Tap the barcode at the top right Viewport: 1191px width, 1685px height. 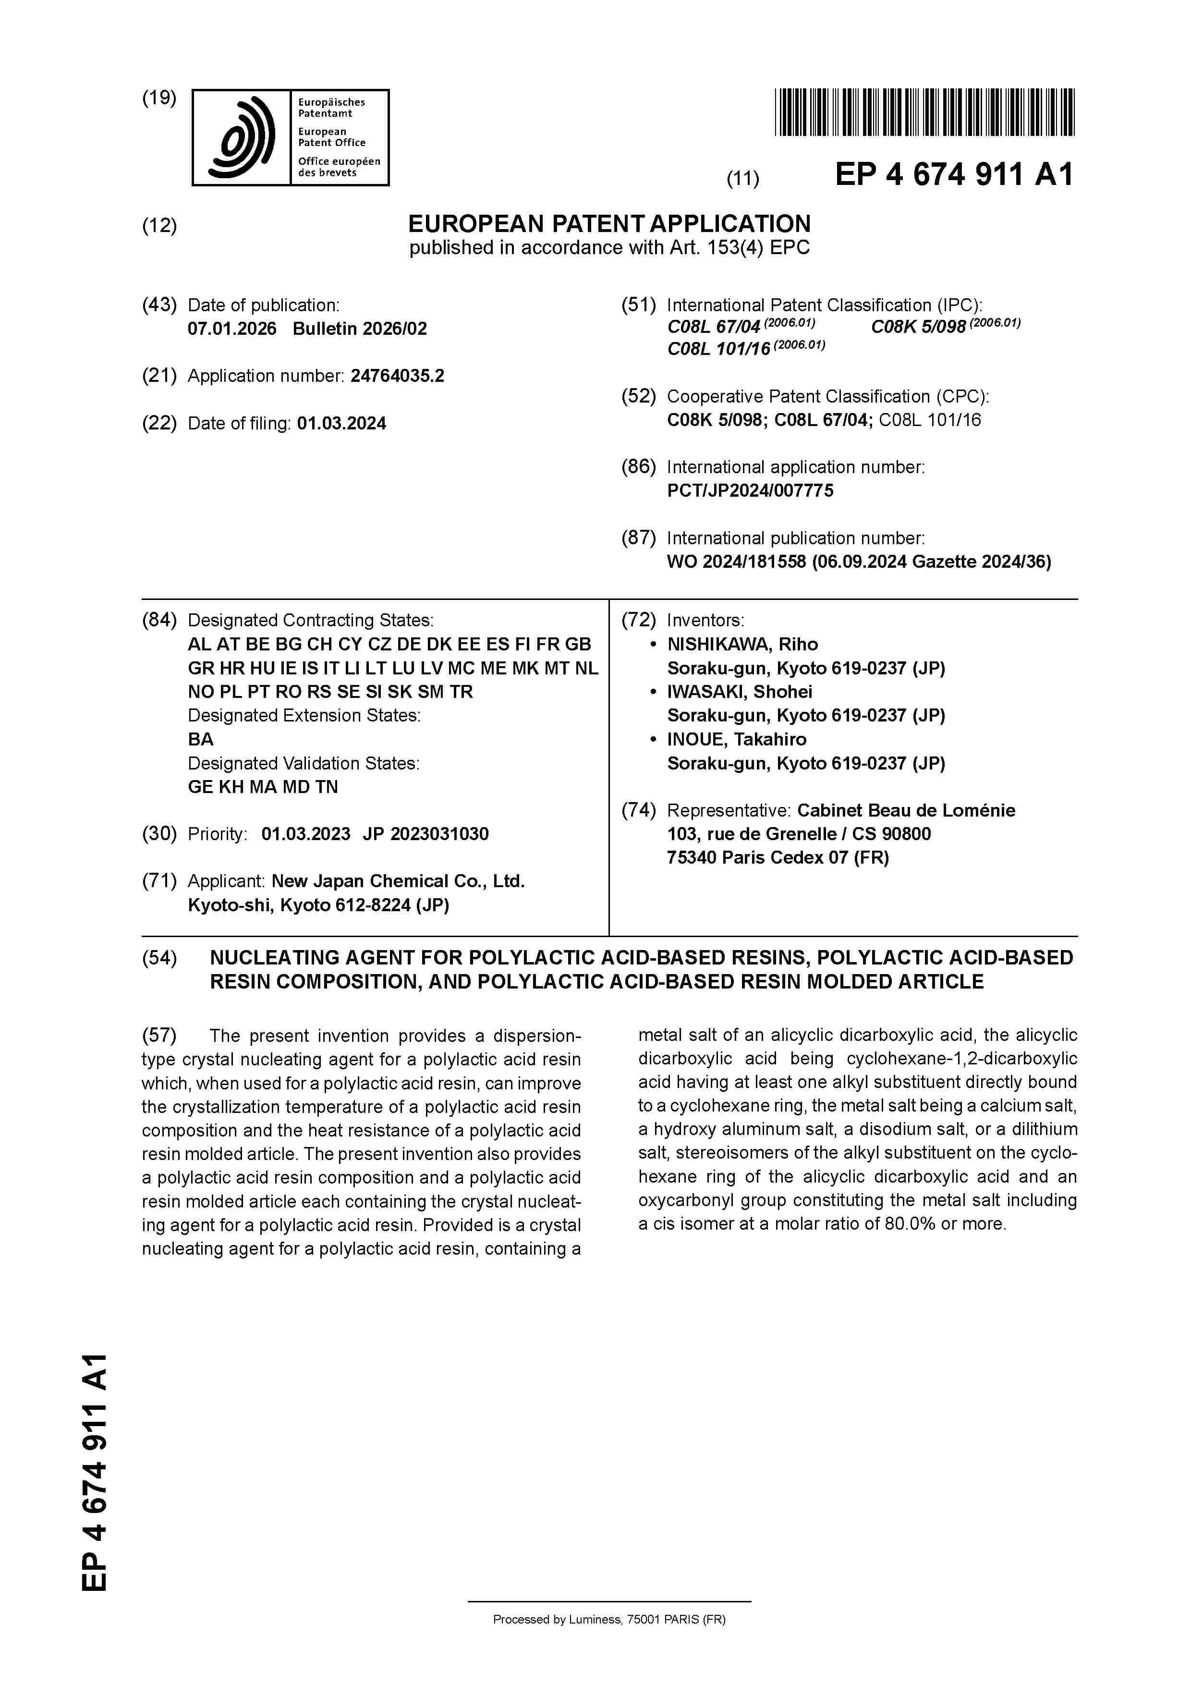click(x=924, y=112)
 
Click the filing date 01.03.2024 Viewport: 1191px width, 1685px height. click(x=341, y=424)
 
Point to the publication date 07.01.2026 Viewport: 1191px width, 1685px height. click(x=232, y=329)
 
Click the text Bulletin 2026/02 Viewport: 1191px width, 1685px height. click(x=360, y=329)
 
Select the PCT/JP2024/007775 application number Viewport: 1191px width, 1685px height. click(x=750, y=491)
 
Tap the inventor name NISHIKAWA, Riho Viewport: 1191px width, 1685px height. click(x=742, y=644)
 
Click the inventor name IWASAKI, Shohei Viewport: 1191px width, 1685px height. click(x=739, y=692)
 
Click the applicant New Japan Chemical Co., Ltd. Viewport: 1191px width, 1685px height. click(x=398, y=881)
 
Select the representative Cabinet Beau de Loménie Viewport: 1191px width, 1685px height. click(x=906, y=811)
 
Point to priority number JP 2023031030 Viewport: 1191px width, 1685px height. click(x=425, y=834)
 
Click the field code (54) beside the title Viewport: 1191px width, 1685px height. click(x=159, y=958)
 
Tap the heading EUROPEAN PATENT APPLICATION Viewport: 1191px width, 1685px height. click(x=609, y=224)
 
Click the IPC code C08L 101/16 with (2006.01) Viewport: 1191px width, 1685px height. click(x=745, y=349)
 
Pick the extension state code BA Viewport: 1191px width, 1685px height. click(x=200, y=740)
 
